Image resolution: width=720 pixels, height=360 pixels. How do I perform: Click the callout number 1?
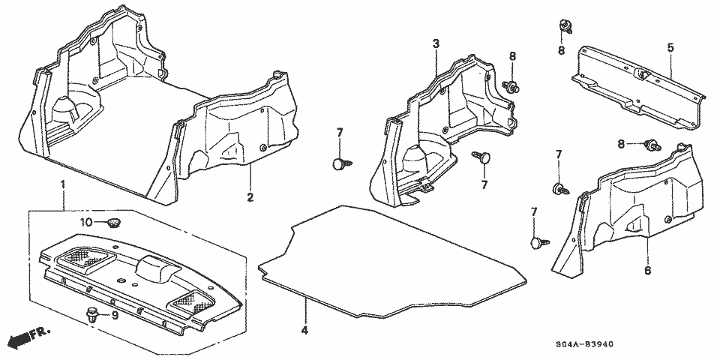(63, 184)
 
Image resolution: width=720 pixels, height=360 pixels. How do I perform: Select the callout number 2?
(250, 198)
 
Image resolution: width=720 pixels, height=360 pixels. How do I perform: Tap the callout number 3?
(436, 44)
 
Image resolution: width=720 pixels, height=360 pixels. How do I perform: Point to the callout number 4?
(304, 330)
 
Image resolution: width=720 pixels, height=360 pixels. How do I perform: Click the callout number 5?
(670, 46)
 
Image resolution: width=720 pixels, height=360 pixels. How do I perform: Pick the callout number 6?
(647, 270)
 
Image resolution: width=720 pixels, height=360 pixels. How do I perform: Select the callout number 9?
(115, 316)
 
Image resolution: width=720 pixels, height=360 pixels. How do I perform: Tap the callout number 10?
(86, 223)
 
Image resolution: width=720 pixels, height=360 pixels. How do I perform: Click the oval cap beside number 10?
(113, 223)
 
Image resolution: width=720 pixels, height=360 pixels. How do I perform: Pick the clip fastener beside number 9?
(93, 316)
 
